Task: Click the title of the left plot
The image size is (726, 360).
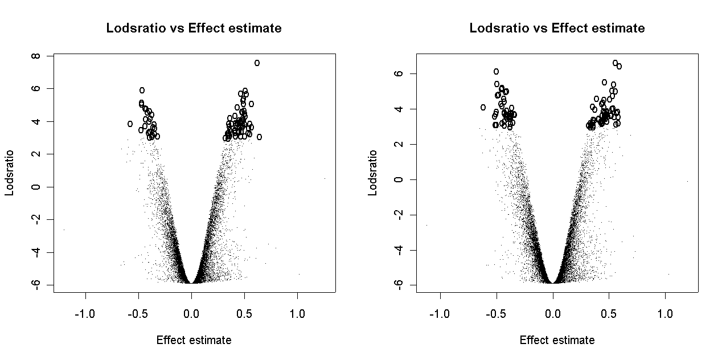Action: pyautogui.click(x=194, y=28)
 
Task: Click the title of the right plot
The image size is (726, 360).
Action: pyautogui.click(x=557, y=28)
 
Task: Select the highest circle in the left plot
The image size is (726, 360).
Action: pyautogui.click(x=257, y=63)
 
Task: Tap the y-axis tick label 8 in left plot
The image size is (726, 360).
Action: pyautogui.click(x=36, y=56)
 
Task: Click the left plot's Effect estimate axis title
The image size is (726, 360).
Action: pyautogui.click(x=194, y=340)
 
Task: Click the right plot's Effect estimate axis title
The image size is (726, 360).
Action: pyautogui.click(x=557, y=340)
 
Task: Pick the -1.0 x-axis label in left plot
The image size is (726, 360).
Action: pyautogui.click(x=86, y=314)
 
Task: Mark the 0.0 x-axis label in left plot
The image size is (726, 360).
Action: pyautogui.click(x=192, y=314)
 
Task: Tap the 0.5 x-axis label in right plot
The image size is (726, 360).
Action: pyautogui.click(x=609, y=314)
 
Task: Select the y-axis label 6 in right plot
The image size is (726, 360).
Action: pyautogui.click(x=399, y=73)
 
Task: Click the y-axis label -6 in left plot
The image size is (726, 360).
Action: pyautogui.click(x=36, y=285)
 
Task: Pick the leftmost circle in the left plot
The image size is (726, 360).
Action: pyautogui.click(x=130, y=124)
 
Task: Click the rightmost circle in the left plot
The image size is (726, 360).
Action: pyautogui.click(x=259, y=137)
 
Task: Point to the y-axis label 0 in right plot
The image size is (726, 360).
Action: pyautogui.click(x=399, y=179)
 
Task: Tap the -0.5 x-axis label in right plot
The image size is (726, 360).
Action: pyautogui.click(x=496, y=314)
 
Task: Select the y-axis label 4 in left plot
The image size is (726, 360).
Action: pyautogui.click(x=36, y=121)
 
